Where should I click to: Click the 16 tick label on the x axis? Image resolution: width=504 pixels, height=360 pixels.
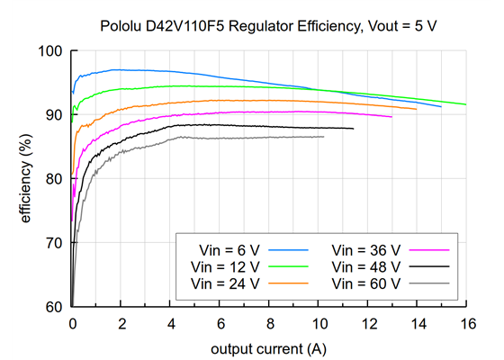pyautogui.click(x=466, y=322)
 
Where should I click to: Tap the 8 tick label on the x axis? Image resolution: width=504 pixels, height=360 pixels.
pyautogui.click(x=269, y=322)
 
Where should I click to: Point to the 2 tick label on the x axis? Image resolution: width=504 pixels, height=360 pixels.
pyautogui.click(x=121, y=322)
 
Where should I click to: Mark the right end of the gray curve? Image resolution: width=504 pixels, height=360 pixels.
pyautogui.click(x=323, y=137)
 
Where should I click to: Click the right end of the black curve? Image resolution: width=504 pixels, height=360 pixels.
pyautogui.click(x=353, y=129)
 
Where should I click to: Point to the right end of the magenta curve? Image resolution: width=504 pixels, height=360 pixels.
pyautogui.click(x=391, y=116)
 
